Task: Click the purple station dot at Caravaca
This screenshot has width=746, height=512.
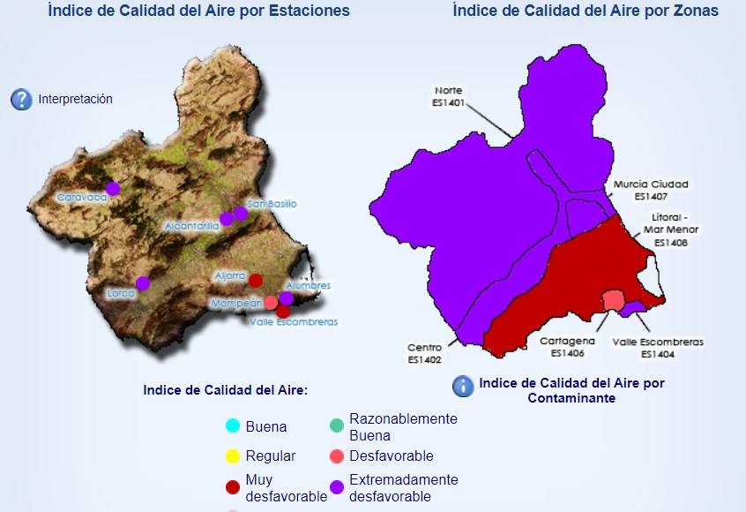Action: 113,188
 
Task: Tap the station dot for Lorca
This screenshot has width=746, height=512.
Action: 143,283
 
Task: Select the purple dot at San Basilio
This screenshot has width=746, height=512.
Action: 241,213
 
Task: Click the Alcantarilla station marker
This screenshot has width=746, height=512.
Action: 227,219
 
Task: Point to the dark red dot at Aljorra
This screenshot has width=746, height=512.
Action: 256,281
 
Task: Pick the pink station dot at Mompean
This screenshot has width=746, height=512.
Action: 271,302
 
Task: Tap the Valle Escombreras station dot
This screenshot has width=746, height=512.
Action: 283,311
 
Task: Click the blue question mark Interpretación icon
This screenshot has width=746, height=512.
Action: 21,100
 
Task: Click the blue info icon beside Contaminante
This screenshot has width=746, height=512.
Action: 463,386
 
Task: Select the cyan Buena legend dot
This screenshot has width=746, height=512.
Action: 233,426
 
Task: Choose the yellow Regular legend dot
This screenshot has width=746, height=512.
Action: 233,456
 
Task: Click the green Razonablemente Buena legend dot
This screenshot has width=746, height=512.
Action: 336,426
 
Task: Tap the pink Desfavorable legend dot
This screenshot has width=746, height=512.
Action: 336,456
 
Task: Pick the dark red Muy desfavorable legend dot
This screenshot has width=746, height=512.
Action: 233,487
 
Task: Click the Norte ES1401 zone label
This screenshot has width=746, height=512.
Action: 448,96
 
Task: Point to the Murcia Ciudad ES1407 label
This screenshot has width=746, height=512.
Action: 652,190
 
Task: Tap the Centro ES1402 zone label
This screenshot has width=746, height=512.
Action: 424,353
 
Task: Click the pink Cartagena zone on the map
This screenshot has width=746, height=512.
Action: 611,300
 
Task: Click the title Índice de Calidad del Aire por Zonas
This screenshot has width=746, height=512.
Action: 585,11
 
